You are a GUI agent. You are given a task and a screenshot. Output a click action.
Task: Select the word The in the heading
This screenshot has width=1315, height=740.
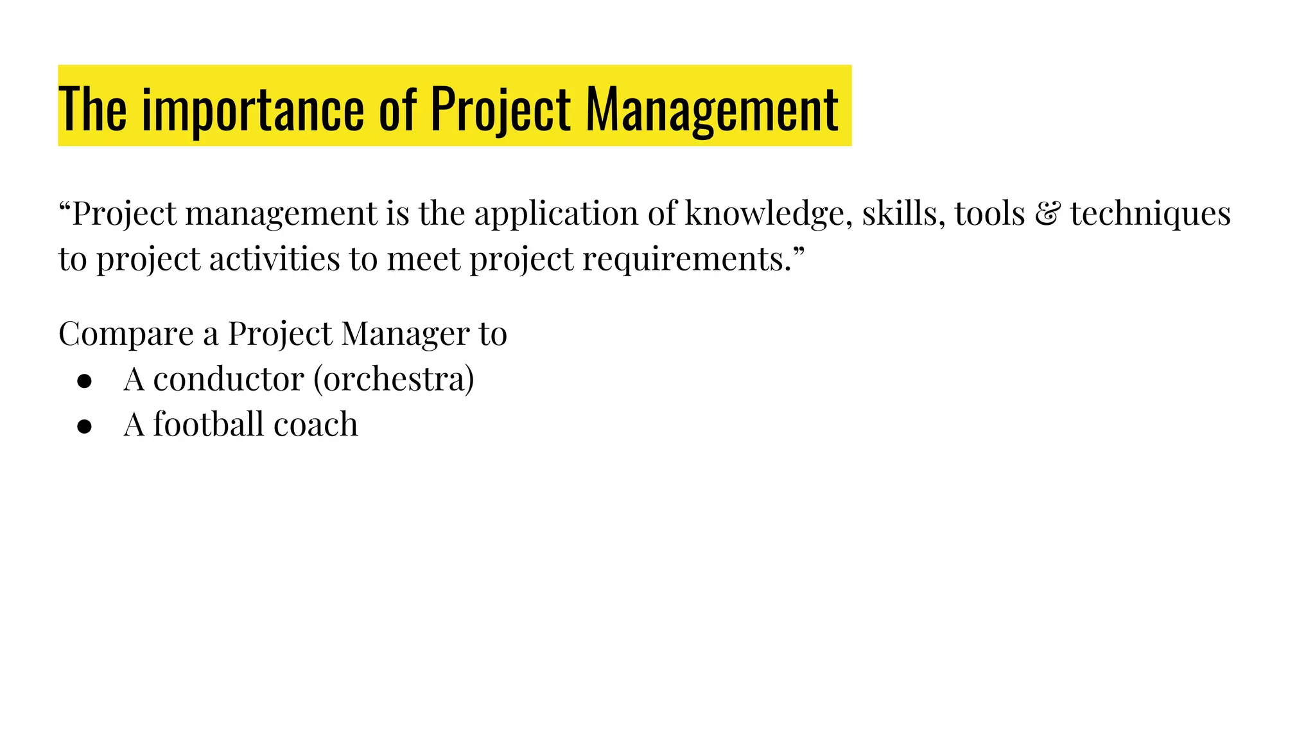pyautogui.click(x=92, y=110)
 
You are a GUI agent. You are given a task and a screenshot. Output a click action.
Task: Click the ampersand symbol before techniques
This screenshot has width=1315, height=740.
pyautogui.click(x=1047, y=214)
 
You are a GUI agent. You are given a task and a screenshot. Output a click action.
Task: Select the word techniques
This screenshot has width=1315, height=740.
pyautogui.click(x=1150, y=215)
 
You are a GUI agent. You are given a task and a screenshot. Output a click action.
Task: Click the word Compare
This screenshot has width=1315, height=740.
pyautogui.click(x=126, y=334)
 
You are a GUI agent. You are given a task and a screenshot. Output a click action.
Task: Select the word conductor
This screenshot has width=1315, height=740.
pyautogui.click(x=228, y=379)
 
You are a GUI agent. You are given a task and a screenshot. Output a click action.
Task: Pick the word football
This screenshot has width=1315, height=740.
pyautogui.click(x=208, y=425)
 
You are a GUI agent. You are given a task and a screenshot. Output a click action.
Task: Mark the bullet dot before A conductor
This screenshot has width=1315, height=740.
pyautogui.click(x=84, y=381)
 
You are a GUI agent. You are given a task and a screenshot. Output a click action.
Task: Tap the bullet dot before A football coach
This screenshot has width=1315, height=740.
pyautogui.click(x=84, y=427)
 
